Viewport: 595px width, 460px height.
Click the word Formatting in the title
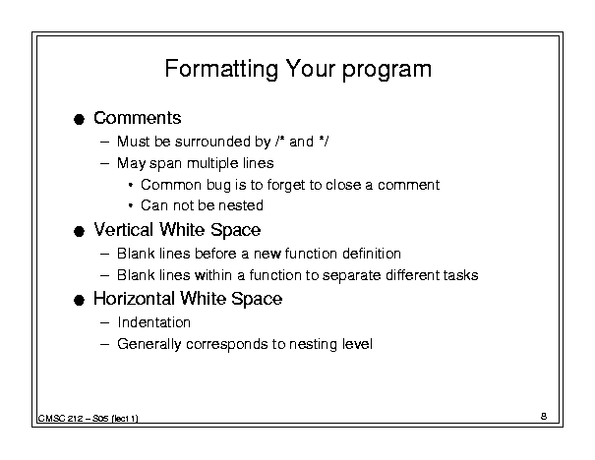coord(221,70)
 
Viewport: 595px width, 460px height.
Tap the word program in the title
coord(387,71)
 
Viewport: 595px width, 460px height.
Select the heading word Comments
coord(138,118)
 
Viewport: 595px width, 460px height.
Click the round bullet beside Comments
coord(79,120)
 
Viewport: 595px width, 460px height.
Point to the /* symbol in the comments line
coord(280,142)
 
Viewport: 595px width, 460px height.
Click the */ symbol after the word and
coord(324,142)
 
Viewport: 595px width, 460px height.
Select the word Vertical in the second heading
coord(124,230)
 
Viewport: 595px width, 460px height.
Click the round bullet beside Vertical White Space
coord(79,231)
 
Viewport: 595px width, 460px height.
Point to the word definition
coord(372,254)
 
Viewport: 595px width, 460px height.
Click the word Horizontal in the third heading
coord(135,299)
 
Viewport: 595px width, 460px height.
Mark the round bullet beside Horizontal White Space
coord(79,301)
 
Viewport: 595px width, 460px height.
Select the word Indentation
coord(154,322)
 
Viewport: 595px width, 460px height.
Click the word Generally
coord(149,344)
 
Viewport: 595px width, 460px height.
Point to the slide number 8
coord(544,417)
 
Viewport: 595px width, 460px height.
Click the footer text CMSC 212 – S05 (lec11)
coord(89,419)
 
